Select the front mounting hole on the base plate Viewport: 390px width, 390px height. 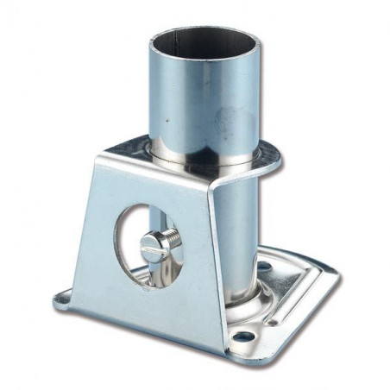coord(244,337)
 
